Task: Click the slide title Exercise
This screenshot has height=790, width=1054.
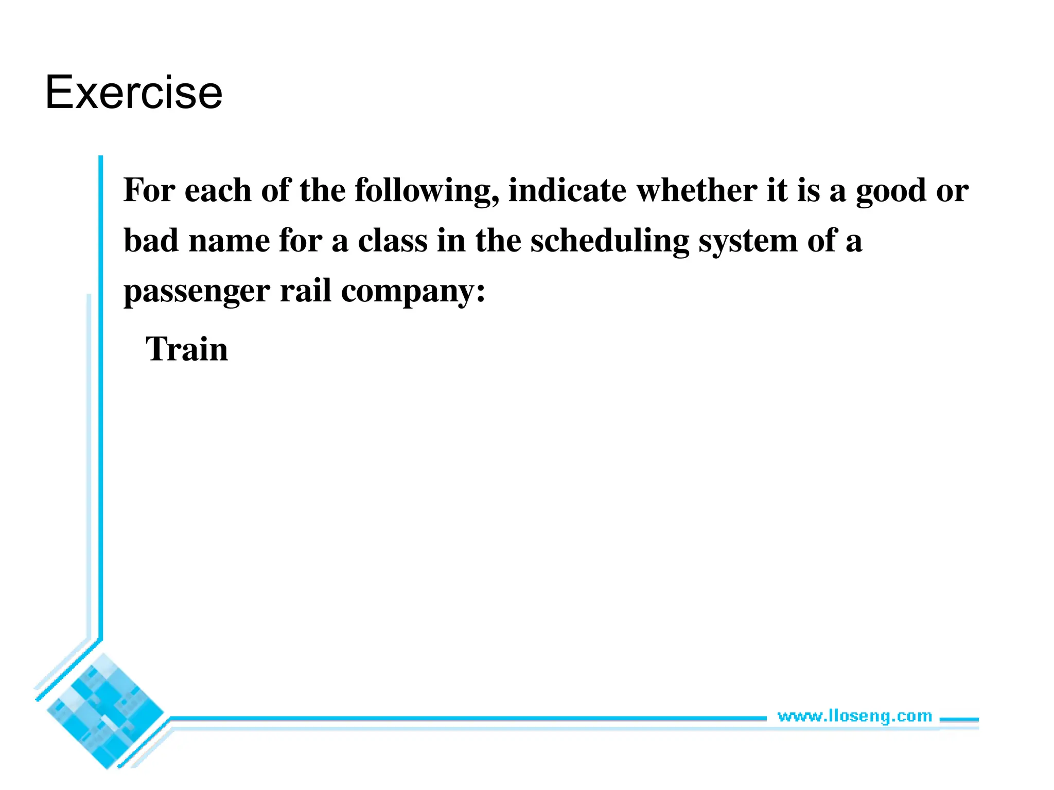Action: click(x=134, y=93)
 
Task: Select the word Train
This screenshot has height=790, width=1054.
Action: click(x=187, y=349)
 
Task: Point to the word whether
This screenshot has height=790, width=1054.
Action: click(x=697, y=190)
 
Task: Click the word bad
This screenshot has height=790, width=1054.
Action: click(x=151, y=240)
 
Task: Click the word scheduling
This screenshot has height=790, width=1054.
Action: click(x=609, y=241)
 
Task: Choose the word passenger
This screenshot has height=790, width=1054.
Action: click(x=197, y=292)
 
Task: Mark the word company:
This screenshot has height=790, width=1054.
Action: click(x=413, y=292)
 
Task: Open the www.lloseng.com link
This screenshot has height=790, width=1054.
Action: click(x=854, y=716)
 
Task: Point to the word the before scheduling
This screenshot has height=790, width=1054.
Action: click(x=498, y=240)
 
